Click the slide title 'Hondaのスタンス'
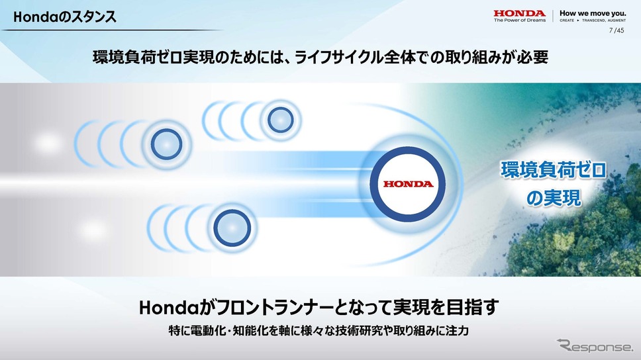click(x=65, y=17)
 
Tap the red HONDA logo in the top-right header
click(x=519, y=13)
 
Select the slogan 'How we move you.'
click(x=593, y=13)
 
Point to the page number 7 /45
click(x=616, y=30)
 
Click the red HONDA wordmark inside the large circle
click(x=408, y=184)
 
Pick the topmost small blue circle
click(x=281, y=120)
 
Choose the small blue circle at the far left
click(x=166, y=144)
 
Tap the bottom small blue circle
click(x=232, y=228)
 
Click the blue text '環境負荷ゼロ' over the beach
click(x=554, y=170)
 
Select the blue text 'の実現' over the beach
click(x=554, y=198)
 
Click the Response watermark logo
click(x=595, y=345)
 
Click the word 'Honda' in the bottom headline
click(x=169, y=308)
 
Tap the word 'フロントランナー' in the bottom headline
click(x=275, y=308)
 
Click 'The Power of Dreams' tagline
click(x=520, y=20)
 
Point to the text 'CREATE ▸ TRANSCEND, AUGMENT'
click(x=593, y=20)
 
